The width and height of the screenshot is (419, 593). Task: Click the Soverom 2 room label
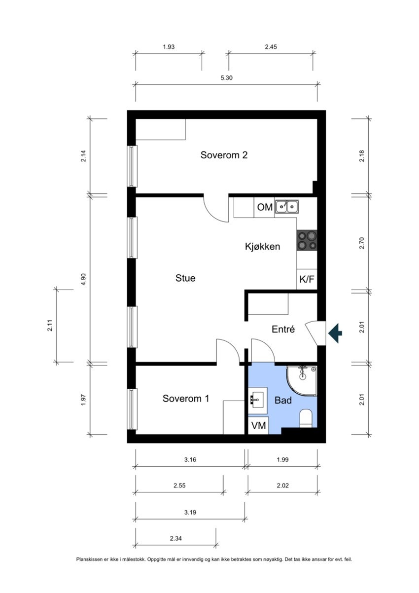[x=224, y=155]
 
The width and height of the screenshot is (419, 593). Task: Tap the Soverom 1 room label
[x=186, y=398]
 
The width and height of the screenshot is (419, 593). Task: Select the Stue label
[x=185, y=278]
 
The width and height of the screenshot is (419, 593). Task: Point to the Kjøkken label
[x=263, y=247]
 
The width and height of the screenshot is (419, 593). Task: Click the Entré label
[x=283, y=330]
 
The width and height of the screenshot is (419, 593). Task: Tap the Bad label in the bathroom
[x=283, y=400]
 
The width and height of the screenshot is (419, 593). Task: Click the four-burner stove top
[x=307, y=241]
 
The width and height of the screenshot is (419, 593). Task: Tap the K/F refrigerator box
[x=307, y=279]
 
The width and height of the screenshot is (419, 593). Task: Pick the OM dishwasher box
[x=265, y=208]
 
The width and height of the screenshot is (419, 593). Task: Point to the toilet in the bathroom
[x=306, y=418]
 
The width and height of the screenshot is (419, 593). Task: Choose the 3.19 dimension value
[x=190, y=513]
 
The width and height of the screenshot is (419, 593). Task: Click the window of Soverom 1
[x=132, y=409]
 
